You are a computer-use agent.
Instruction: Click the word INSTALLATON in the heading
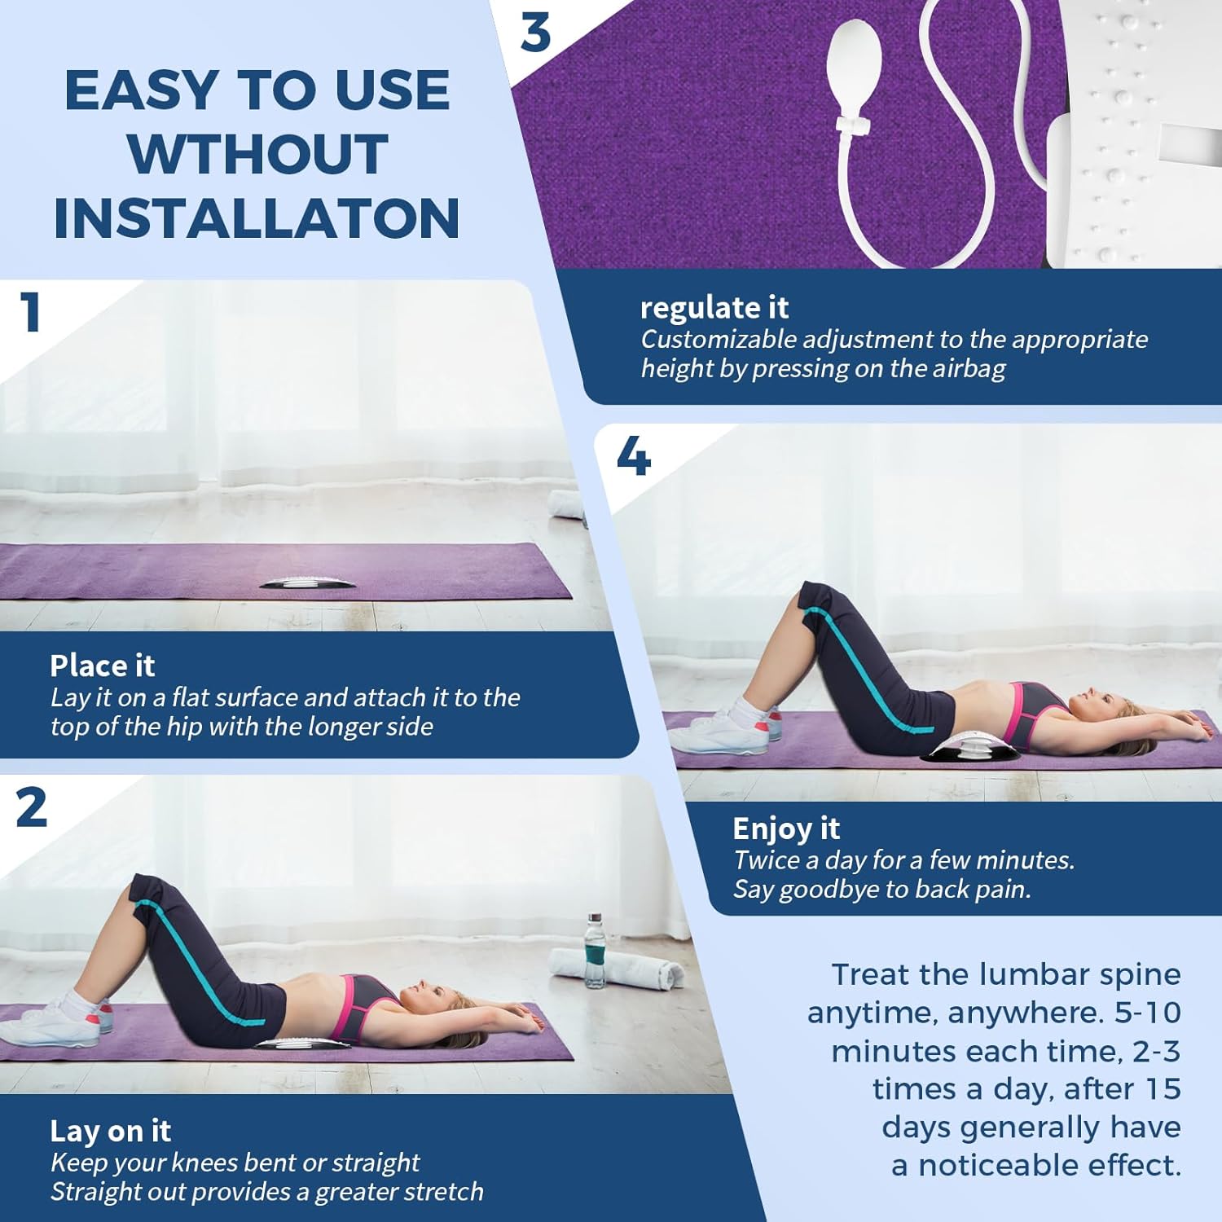[x=257, y=218]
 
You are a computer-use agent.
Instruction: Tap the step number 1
[x=31, y=313]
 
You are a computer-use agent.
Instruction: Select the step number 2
[x=32, y=808]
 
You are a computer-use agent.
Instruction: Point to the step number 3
[x=535, y=33]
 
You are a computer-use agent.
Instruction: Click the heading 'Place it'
[x=102, y=666]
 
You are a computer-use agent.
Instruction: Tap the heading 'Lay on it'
[x=110, y=1131]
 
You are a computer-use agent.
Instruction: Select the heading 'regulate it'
[x=714, y=308]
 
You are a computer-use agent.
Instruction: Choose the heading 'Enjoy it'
[x=785, y=829]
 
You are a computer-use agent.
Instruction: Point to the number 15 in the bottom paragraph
[x=1163, y=1089]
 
